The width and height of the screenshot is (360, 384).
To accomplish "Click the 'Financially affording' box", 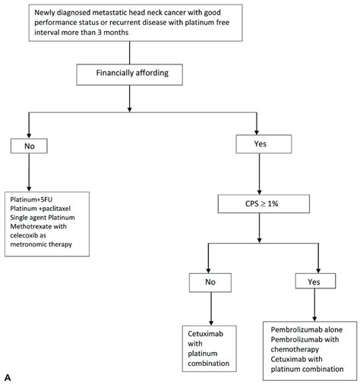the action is [129, 74].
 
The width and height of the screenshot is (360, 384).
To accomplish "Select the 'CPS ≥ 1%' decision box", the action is [264, 203].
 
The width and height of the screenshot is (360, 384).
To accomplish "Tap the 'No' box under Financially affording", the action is [29, 146].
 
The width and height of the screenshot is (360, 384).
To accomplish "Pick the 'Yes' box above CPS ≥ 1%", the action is [264, 144].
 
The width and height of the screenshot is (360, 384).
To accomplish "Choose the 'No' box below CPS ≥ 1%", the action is [210, 282].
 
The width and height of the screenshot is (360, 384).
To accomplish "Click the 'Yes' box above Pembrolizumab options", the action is [315, 281].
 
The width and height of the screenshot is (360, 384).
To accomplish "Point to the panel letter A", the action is [8, 378].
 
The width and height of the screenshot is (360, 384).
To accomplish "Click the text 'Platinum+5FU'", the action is [31, 200].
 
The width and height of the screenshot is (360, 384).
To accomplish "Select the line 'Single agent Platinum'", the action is [43, 218].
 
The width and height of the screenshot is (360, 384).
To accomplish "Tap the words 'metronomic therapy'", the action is [41, 244].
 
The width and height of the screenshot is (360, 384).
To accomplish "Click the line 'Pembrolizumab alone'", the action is [307, 329].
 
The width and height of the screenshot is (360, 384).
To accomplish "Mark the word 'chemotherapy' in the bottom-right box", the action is [295, 349].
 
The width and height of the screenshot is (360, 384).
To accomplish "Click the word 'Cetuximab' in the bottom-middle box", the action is [205, 334].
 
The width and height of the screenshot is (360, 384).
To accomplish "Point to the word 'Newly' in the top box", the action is [43, 13].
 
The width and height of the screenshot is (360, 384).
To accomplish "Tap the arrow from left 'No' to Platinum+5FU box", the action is [29, 172].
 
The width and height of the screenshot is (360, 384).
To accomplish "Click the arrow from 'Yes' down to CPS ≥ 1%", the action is [259, 174].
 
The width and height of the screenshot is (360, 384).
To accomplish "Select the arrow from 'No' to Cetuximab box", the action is [211, 309].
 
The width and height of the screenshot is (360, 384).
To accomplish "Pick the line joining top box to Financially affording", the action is [130, 52].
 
